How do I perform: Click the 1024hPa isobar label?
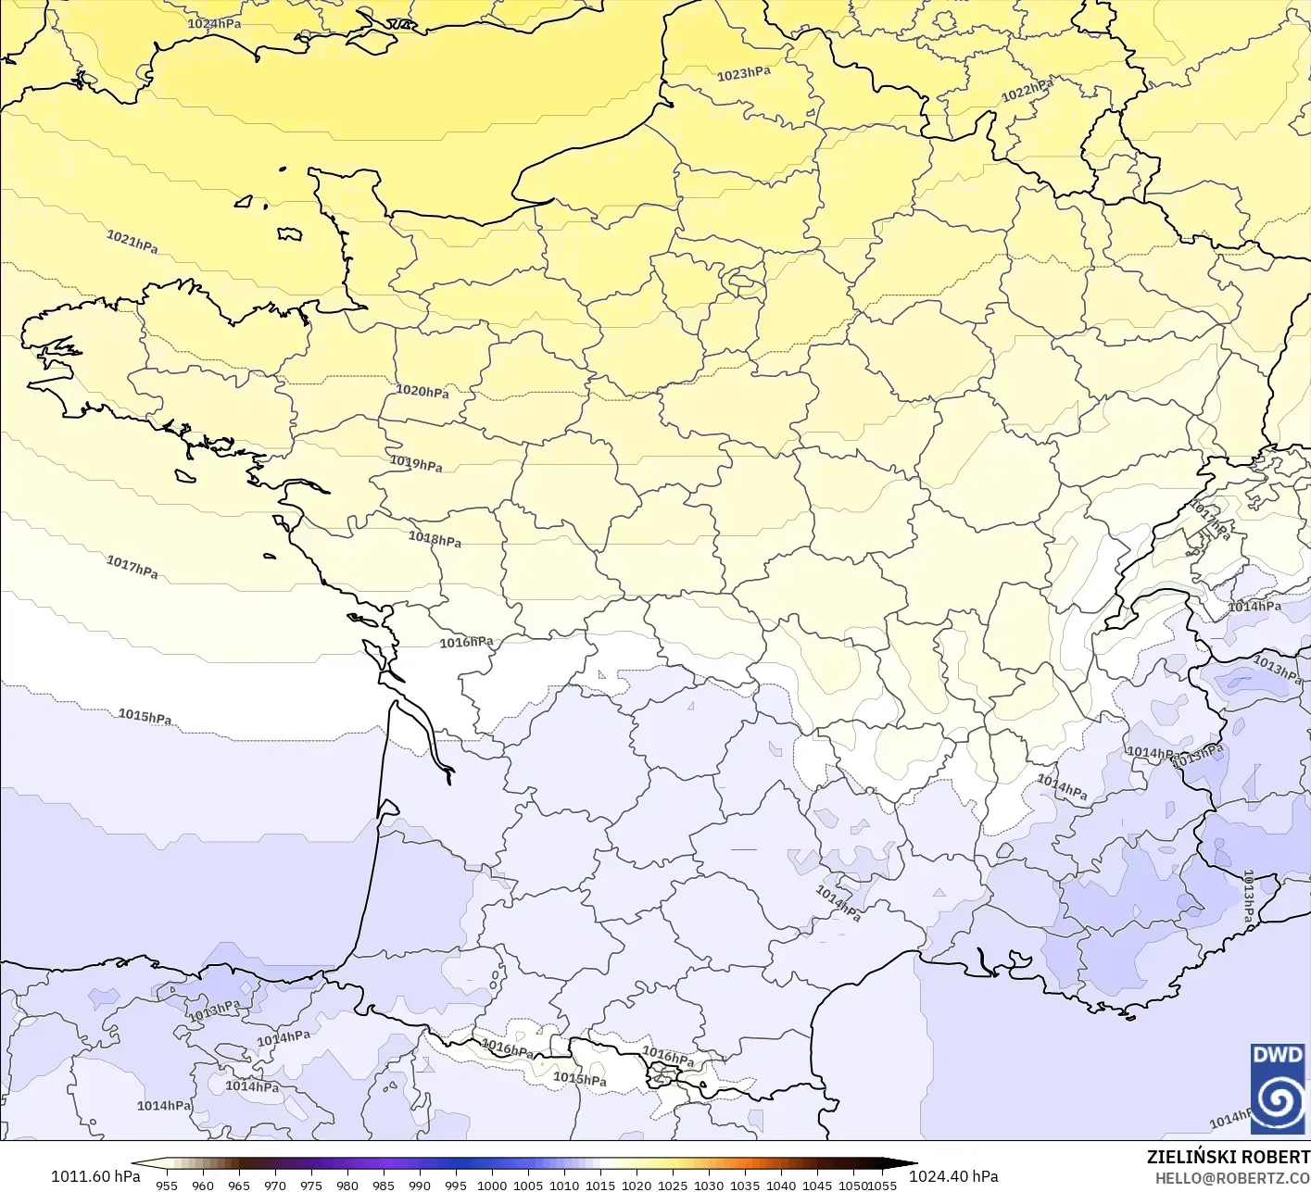coord(214,23)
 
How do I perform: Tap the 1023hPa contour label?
coord(743,73)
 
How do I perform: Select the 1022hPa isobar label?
coord(1027,90)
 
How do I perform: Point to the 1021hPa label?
coord(132,242)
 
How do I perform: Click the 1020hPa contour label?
coord(422,391)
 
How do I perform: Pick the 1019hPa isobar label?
coord(416,463)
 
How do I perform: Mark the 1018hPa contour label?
coord(435,538)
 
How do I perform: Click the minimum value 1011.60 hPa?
coord(95,1176)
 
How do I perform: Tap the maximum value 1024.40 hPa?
coord(953,1176)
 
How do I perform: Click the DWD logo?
coord(1278,1088)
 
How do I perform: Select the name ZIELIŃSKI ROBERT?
coord(1228,1157)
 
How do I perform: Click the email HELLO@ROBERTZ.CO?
coord(1231,1178)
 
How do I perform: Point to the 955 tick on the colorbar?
coord(167,1185)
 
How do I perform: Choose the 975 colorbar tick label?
coord(310,1185)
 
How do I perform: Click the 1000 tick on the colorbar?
coord(492,1185)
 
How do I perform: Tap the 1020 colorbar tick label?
coord(637,1185)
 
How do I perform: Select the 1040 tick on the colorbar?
coord(781,1185)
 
